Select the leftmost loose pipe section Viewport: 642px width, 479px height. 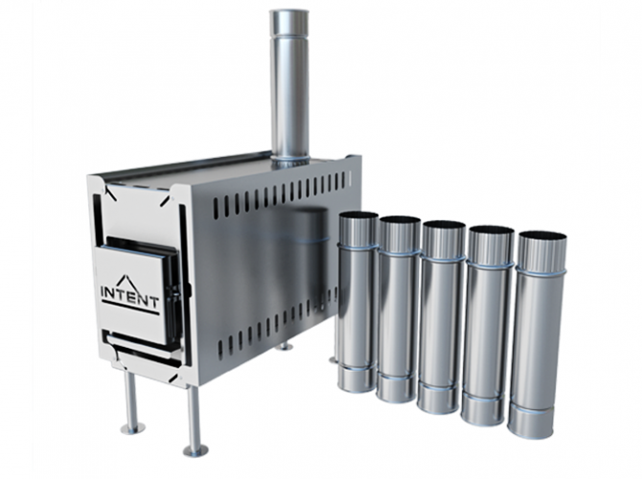[x=356, y=301]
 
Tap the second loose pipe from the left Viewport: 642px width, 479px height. [x=398, y=308]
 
